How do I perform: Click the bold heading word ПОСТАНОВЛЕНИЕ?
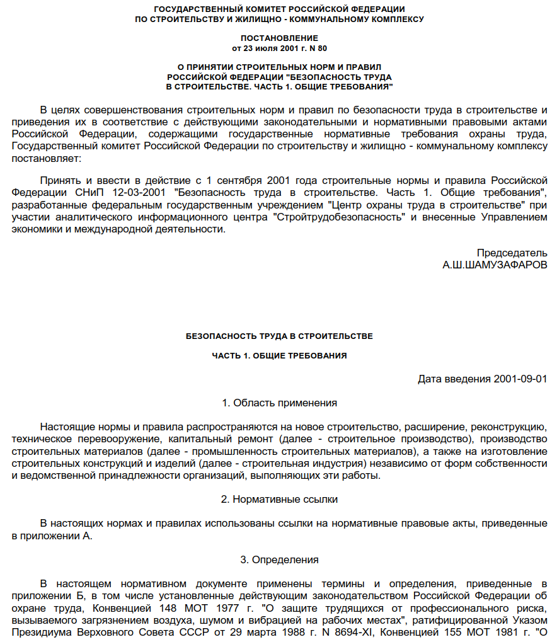point(279,38)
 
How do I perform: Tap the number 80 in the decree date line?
point(323,48)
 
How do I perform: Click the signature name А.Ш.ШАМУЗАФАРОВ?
point(495,265)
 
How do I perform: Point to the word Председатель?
point(512,253)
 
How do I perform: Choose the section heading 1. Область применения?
point(279,403)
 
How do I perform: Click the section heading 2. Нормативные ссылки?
point(279,500)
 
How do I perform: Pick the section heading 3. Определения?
point(279,559)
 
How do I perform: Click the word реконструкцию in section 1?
point(508,427)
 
